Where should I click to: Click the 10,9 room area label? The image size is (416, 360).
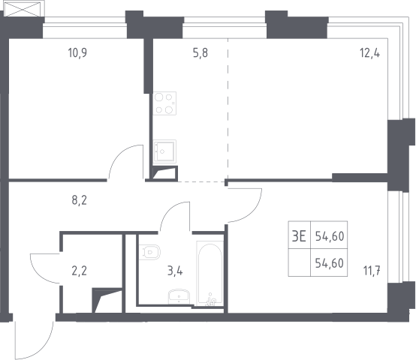(77, 52)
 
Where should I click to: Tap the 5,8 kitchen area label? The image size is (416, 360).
(200, 52)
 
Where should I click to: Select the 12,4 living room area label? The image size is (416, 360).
(369, 53)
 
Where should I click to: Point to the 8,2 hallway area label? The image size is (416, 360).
(80, 200)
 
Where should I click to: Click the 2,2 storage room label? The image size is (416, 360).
(80, 271)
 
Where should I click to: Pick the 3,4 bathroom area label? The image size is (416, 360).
(175, 271)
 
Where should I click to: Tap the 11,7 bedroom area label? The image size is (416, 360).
(372, 271)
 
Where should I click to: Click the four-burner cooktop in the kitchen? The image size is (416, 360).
(164, 103)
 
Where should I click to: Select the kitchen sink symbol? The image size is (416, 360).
(164, 151)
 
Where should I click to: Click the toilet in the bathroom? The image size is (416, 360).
(150, 252)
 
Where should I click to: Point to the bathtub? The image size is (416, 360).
(210, 274)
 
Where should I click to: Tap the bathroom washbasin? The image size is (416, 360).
(179, 297)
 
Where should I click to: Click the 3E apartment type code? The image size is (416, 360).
(299, 236)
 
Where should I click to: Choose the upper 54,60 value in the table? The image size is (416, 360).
(330, 236)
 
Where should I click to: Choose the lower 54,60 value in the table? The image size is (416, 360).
(330, 263)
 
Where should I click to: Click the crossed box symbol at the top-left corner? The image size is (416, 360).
(24, 9)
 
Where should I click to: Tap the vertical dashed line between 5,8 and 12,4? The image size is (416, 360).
(228, 109)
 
